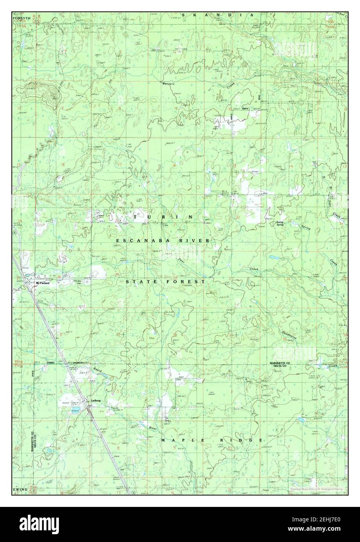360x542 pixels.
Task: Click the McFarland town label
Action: [x=43, y=283]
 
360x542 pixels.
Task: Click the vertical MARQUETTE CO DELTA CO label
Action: [x=34, y=441]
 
